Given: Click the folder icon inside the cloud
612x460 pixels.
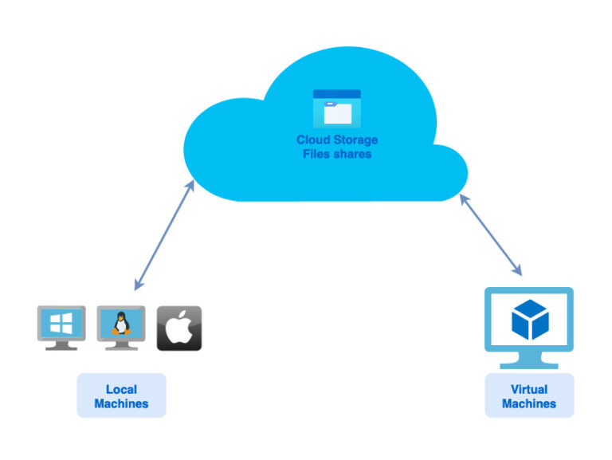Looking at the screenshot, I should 336,108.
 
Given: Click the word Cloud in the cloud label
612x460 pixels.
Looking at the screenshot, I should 312,140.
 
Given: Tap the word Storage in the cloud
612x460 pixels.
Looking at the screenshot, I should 355,140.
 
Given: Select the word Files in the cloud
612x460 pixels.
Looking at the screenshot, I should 317,154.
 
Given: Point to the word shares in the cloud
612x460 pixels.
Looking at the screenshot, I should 353,154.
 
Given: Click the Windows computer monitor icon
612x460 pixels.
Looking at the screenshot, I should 61,326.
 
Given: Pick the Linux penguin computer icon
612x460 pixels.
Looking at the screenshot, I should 120,326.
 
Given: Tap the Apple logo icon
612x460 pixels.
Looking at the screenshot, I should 179,328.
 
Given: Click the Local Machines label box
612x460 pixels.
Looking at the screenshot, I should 121,396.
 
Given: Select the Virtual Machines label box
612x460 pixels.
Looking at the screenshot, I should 529,396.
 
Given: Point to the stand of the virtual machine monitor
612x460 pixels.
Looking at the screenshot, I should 529,360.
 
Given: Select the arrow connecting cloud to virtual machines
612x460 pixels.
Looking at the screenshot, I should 491,236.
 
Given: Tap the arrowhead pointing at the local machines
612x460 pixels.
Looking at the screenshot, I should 139,284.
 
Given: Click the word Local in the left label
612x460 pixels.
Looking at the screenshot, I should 121,390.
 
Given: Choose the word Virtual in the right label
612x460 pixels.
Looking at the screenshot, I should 529,390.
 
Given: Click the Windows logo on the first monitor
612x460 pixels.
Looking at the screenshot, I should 61,323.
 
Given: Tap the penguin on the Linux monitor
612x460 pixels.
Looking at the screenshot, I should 120,323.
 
